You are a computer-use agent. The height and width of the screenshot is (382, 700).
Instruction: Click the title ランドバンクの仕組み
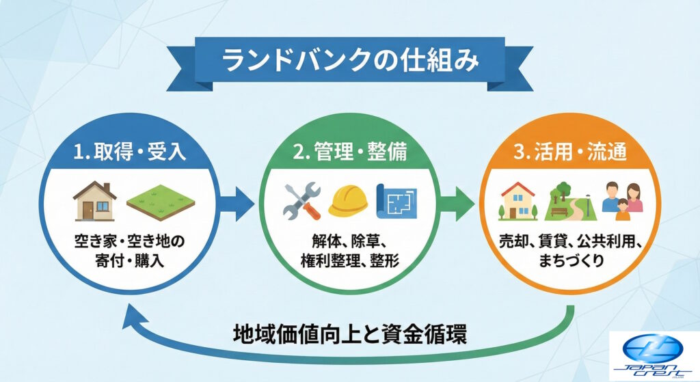(x=349, y=59)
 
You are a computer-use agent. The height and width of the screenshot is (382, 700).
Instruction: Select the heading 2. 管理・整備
(x=349, y=151)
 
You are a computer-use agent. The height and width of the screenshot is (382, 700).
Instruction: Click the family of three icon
(x=621, y=200)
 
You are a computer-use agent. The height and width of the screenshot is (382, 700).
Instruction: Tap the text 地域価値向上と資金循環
(x=350, y=336)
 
